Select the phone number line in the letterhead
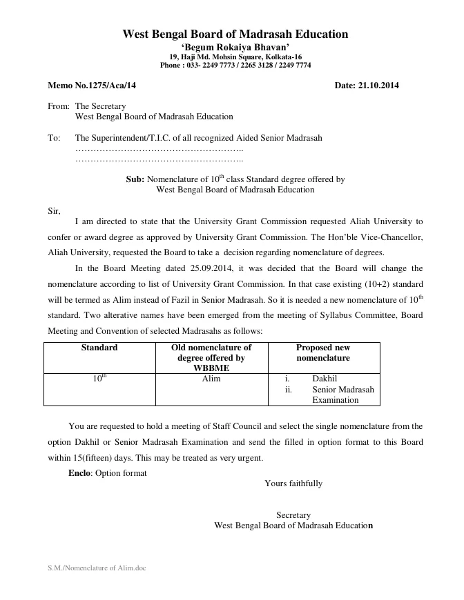(235, 65)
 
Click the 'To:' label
(55, 138)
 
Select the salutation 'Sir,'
(54, 210)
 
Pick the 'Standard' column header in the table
(99, 348)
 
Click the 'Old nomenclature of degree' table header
(211, 358)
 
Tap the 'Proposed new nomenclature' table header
(323, 352)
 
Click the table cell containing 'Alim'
(211, 379)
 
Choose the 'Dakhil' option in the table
(325, 379)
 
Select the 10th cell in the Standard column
(99, 379)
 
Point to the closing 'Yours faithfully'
(293, 483)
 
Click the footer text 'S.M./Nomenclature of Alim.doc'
(97, 568)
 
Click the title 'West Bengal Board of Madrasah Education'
(235, 34)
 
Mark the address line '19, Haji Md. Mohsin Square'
(235, 57)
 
